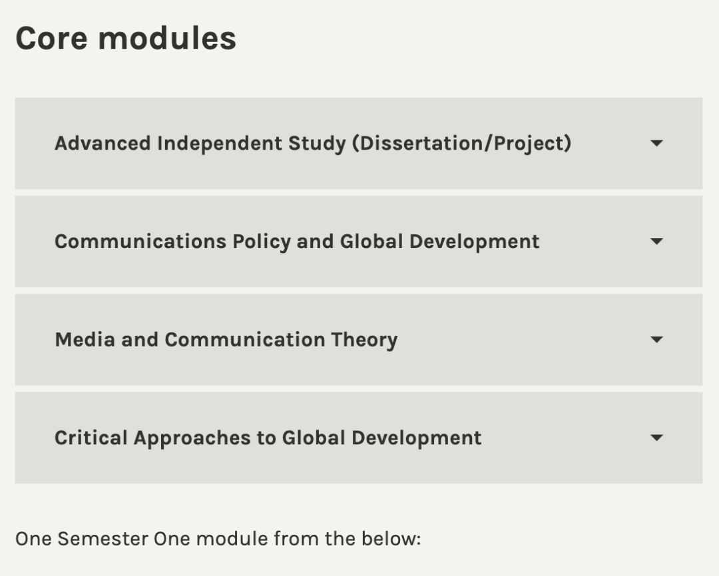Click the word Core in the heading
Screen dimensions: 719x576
coord(51,38)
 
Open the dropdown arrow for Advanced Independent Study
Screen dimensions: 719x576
coord(656,144)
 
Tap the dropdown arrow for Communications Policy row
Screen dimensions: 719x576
coord(656,241)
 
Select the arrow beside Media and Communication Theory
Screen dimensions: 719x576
coord(656,340)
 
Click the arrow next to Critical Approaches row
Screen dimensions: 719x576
coord(656,438)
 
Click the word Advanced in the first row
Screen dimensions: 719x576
coord(103,143)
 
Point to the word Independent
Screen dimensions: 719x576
coord(220,144)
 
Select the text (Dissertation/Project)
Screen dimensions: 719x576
coord(462,144)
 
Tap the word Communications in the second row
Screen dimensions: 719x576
coord(140,241)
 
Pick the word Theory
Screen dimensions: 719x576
coord(365,341)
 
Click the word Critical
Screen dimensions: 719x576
coord(91,438)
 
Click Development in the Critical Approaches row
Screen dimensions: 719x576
coord(417,438)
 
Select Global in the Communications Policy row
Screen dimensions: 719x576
coord(371,241)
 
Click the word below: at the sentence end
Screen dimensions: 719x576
coord(391,539)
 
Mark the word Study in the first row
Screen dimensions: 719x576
coord(318,144)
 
